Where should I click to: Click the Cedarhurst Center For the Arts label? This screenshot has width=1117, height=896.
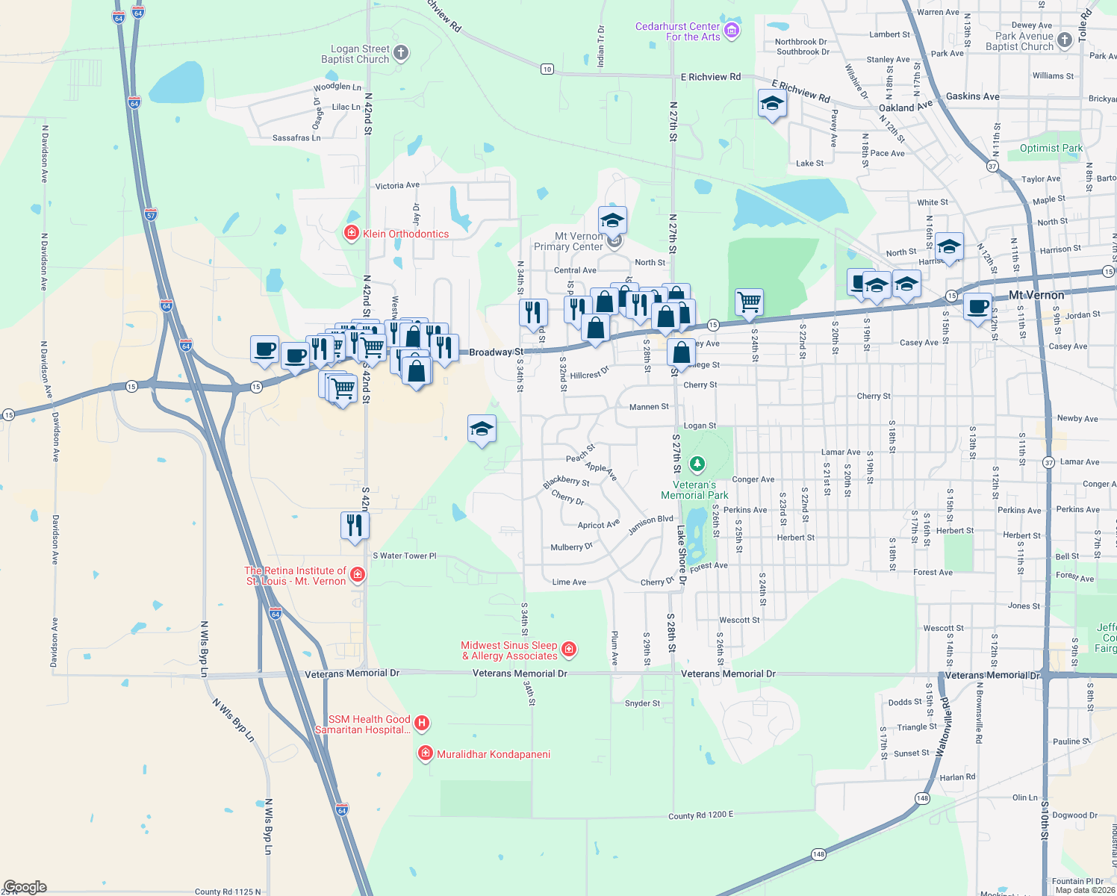[677, 31]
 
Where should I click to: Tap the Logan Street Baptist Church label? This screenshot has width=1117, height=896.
[355, 54]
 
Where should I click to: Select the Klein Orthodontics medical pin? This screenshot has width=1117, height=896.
[351, 233]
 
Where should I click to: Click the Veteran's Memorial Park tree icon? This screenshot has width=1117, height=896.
[697, 465]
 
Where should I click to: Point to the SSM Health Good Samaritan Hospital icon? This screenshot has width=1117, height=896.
[422, 723]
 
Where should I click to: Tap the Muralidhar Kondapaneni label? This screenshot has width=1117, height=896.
[494, 754]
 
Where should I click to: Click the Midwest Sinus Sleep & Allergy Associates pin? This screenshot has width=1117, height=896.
[569, 650]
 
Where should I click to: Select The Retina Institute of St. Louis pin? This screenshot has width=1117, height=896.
[358, 574]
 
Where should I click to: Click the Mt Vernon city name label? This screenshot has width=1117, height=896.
[1036, 295]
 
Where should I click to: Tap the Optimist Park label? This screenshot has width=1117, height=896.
[1051, 148]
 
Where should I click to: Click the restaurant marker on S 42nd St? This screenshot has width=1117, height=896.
[355, 525]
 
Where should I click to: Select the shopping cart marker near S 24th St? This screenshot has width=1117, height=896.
[749, 302]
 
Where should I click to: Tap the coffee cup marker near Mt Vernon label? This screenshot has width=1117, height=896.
[977, 305]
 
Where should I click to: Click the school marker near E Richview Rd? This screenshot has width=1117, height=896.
[772, 104]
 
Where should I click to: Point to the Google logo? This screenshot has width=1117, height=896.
[25, 887]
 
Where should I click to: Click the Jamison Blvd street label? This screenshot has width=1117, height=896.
[650, 524]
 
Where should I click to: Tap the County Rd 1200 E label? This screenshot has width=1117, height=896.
[700, 815]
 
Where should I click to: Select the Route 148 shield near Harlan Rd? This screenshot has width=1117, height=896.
[923, 798]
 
